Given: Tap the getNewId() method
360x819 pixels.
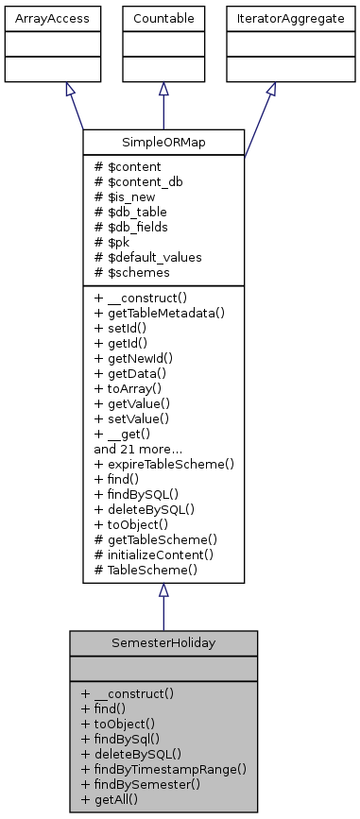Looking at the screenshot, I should pos(132,356).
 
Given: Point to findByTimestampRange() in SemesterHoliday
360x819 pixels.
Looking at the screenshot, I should pos(163,768).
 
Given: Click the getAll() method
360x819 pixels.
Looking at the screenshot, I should pos(115,798).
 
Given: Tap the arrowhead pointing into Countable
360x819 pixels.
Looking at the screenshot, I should pos(163,88).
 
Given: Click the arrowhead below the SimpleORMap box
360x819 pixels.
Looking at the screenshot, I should pos(163,590).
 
